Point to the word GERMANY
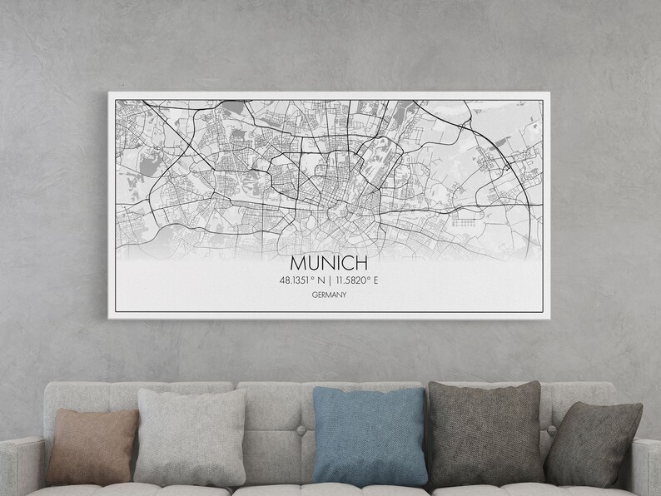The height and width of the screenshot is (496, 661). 330,295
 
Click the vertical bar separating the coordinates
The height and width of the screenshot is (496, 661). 331,280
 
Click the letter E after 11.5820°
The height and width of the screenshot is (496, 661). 375,280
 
